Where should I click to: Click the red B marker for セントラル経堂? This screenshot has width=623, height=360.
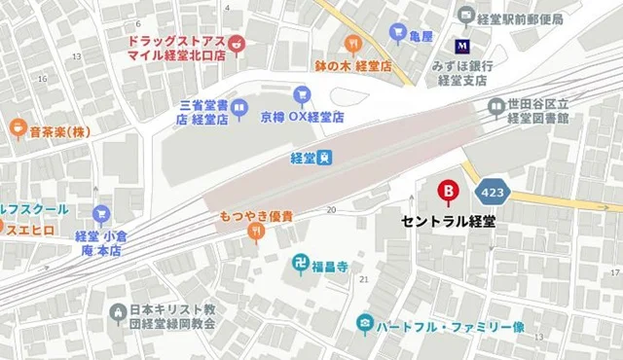[449, 192]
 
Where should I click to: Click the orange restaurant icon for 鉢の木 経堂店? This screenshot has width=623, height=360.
[352, 43]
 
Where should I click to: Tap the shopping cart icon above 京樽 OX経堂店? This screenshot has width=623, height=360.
[302, 94]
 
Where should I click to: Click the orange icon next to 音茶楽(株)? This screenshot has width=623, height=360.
[17, 127]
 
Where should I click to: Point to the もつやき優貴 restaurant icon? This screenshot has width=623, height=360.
[256, 233]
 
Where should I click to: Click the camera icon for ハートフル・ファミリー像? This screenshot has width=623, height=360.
[364, 322]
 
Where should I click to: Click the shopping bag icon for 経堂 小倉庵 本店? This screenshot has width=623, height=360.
[100, 214]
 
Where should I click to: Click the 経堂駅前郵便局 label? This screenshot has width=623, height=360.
[520, 18]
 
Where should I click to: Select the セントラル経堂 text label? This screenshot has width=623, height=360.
[449, 221]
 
